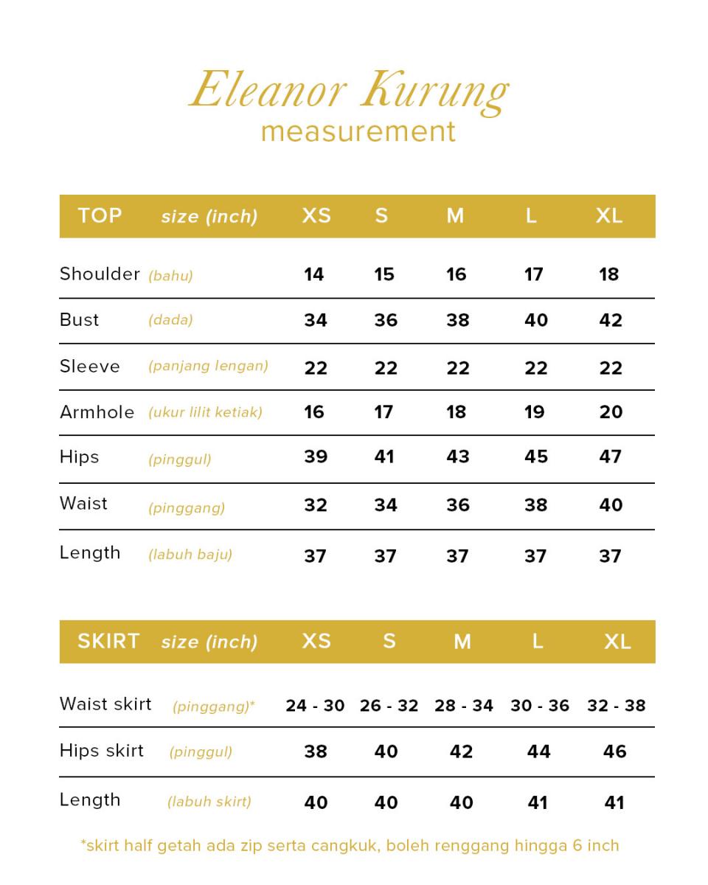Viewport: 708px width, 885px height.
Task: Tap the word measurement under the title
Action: tap(358, 131)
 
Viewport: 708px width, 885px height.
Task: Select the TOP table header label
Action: tap(100, 215)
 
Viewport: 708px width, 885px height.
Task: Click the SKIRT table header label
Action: tap(108, 641)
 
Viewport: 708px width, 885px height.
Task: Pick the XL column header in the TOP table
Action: tap(609, 215)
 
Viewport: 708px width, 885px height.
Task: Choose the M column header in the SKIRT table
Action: tap(462, 642)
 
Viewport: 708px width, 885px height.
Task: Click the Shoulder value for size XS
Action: tap(314, 274)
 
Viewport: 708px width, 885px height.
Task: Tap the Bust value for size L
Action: tap(536, 320)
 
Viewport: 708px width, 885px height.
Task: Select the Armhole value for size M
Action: tap(457, 412)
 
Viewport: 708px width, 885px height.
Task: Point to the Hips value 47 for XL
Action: tap(611, 457)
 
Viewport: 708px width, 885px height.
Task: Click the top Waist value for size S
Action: tap(386, 505)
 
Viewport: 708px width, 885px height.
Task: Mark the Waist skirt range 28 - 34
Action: tap(464, 706)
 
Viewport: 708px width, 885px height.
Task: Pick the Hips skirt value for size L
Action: tap(538, 752)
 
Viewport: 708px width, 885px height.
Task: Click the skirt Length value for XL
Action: tap(614, 802)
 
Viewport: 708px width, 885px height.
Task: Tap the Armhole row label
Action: tap(97, 412)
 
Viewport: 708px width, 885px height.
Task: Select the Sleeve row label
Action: tap(89, 367)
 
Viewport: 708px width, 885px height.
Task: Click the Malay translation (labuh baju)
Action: tap(190, 555)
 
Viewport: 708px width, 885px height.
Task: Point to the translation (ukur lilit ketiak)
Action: tap(205, 412)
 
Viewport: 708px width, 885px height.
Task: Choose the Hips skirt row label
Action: tap(102, 751)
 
